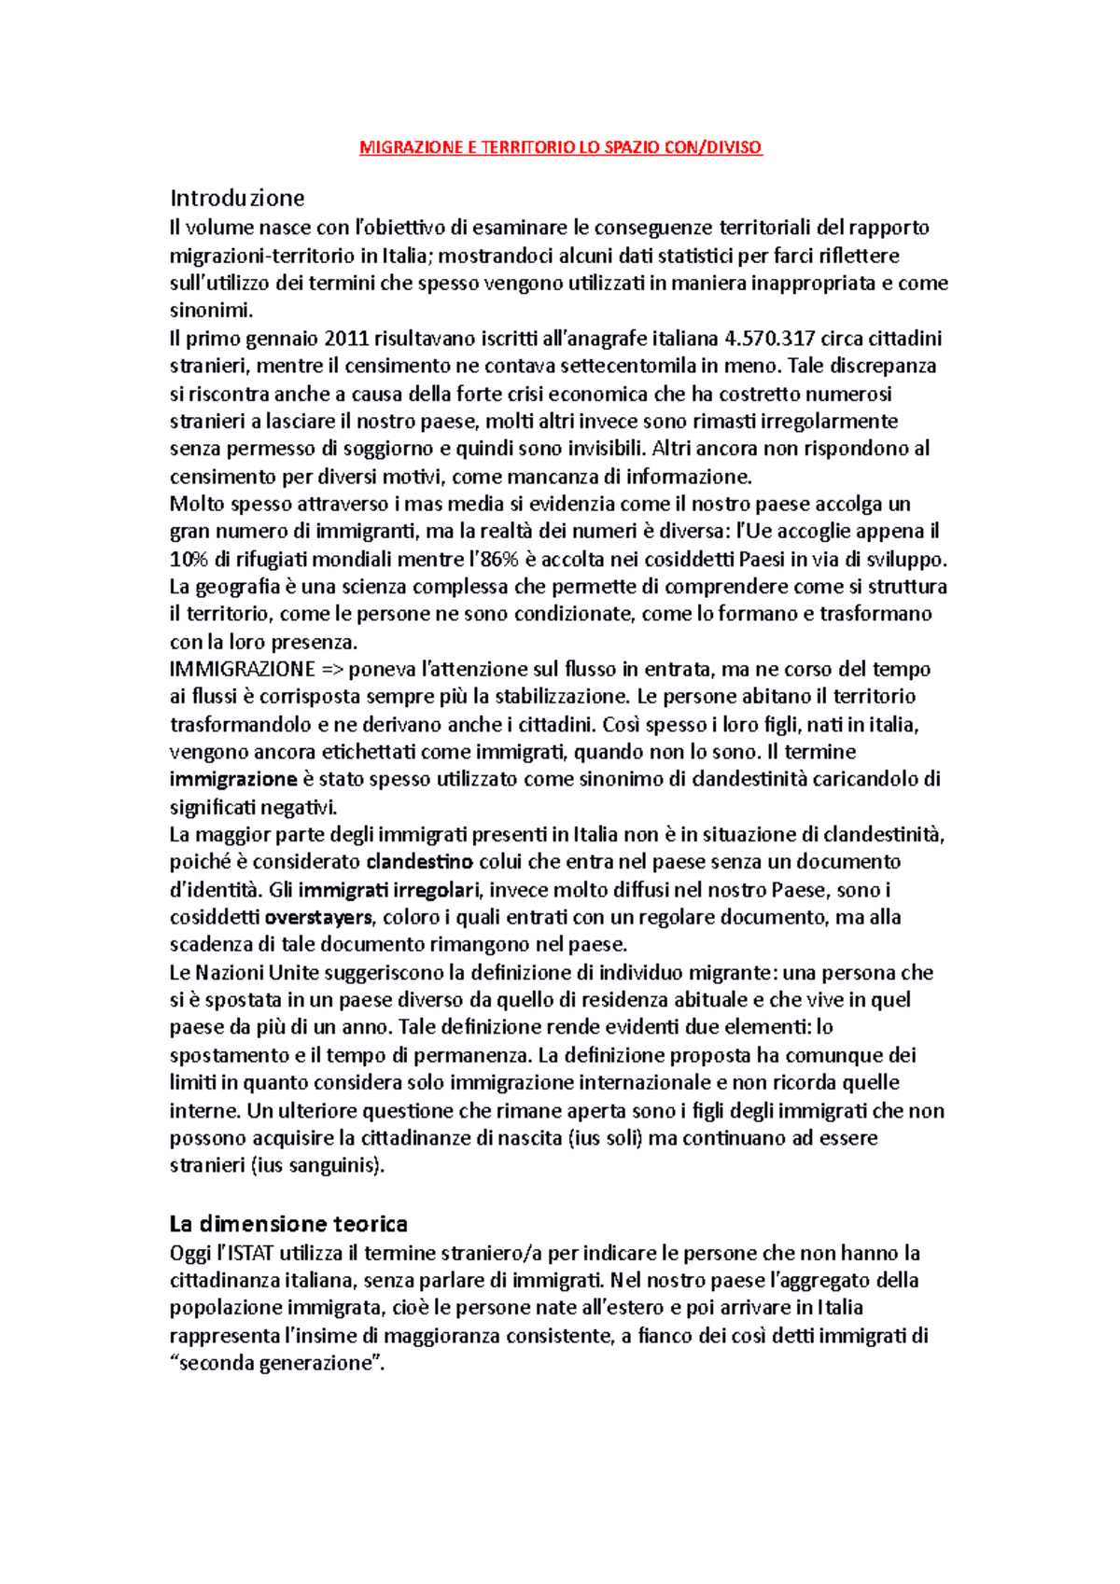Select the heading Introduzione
point(237,198)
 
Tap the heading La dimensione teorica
point(288,1223)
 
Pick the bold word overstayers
point(318,917)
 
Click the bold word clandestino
point(419,861)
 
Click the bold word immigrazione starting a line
point(233,779)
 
